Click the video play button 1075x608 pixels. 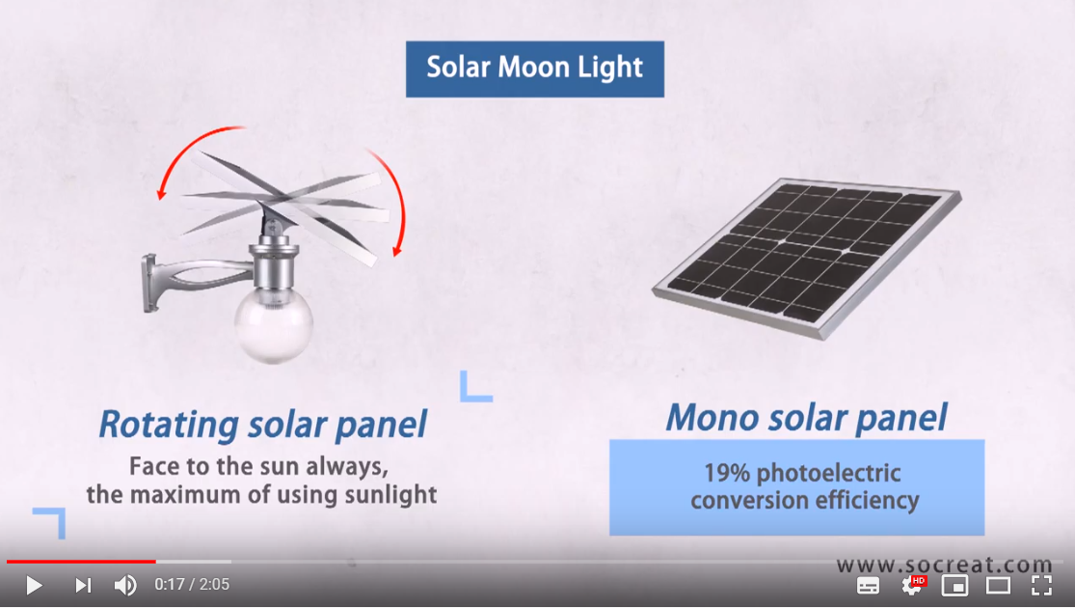[34, 585]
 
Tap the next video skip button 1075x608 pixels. [83, 585]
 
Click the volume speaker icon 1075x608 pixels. [125, 585]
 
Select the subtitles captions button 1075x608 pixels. [868, 585]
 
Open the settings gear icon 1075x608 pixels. [911, 585]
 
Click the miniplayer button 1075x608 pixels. [954, 585]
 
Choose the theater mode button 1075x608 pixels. [998, 585]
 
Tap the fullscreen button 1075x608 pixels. [1041, 585]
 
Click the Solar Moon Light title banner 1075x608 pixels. [535, 69]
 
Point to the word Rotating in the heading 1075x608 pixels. [169, 424]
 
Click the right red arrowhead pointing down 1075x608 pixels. [395, 252]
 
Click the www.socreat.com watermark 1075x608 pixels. [943, 566]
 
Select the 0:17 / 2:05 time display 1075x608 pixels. [192, 585]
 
